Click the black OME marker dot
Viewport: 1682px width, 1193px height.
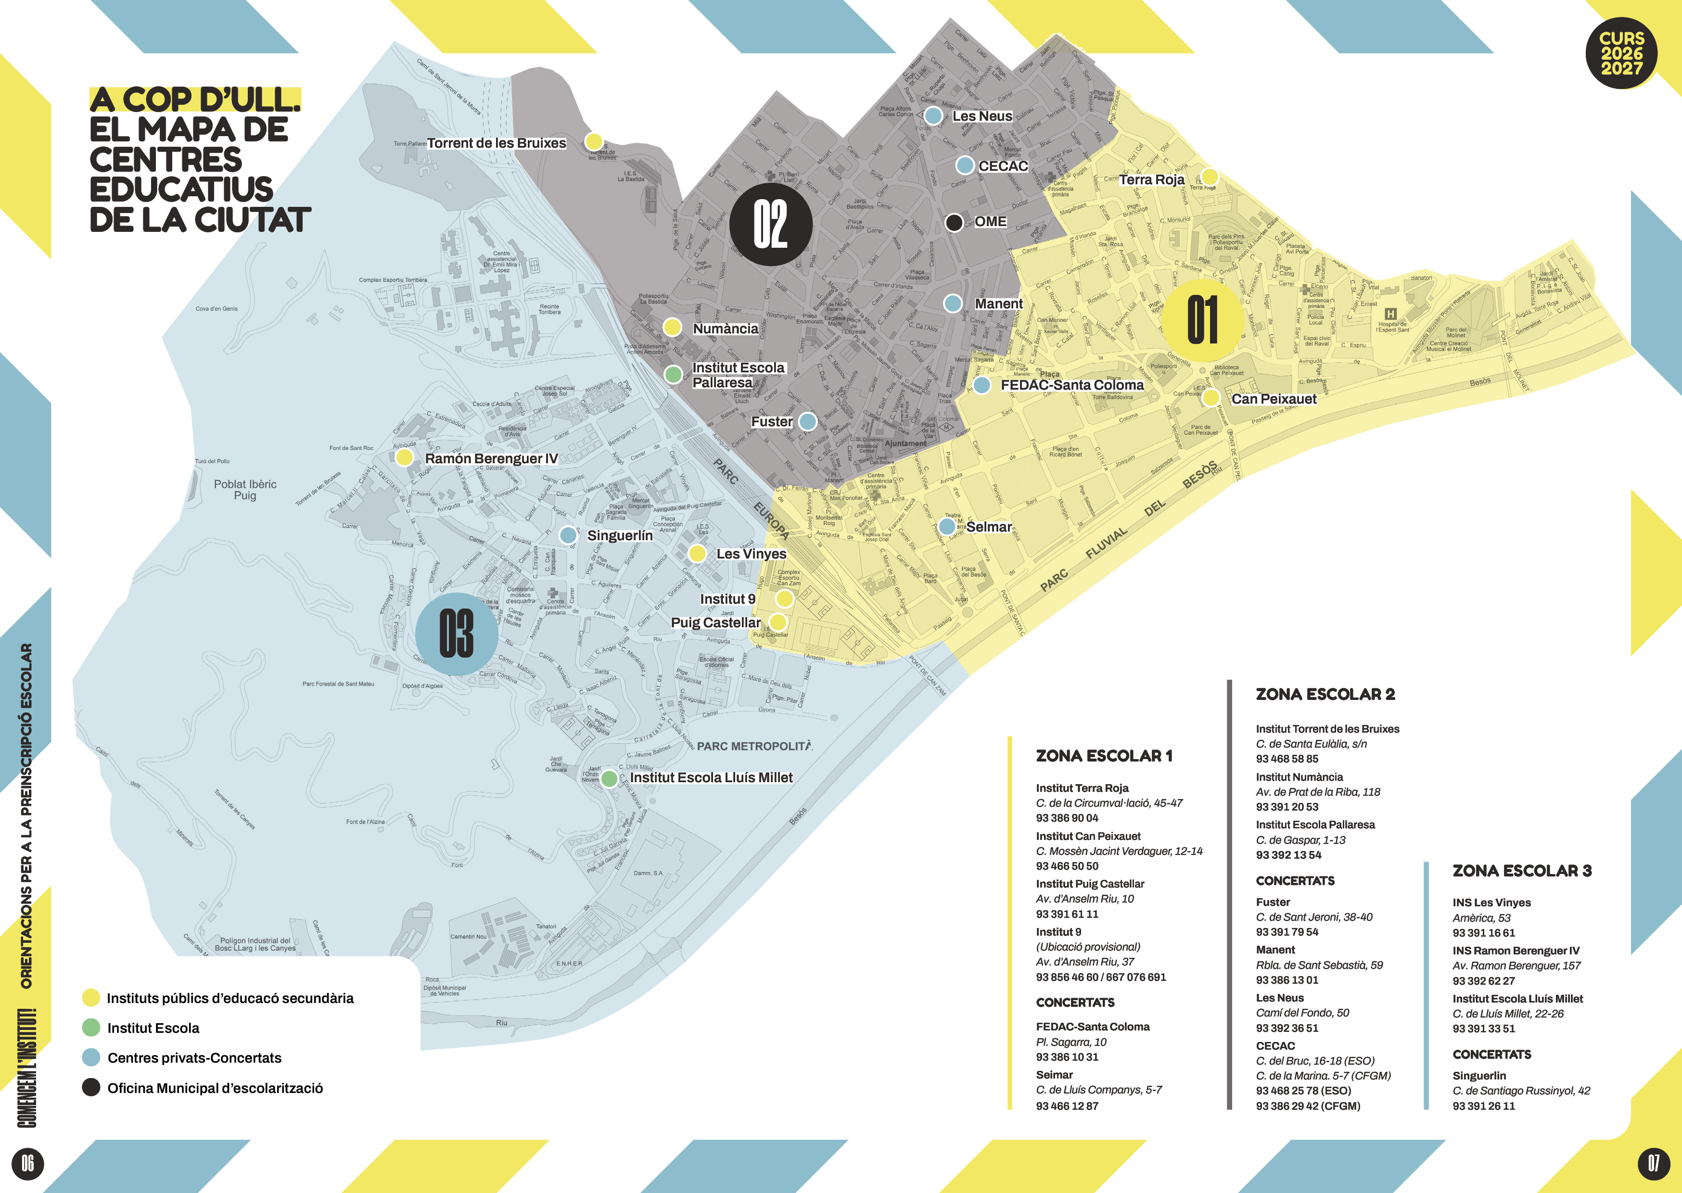(x=954, y=222)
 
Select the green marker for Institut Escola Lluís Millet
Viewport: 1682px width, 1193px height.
(x=609, y=778)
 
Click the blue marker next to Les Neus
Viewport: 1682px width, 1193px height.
(x=933, y=115)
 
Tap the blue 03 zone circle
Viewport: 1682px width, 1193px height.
(x=456, y=634)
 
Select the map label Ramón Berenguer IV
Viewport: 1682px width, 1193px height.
(x=491, y=458)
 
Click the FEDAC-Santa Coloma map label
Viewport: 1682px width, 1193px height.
(x=1071, y=385)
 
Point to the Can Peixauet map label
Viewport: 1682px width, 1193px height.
(x=1274, y=399)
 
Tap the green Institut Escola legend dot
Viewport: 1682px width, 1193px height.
(x=91, y=1027)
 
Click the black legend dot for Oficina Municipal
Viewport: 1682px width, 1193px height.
(x=91, y=1087)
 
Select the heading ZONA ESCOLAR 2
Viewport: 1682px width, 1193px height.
(x=1325, y=694)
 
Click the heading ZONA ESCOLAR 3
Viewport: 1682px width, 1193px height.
(x=1522, y=871)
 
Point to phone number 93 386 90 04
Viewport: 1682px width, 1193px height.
(x=1067, y=818)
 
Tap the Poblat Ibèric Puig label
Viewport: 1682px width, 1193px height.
(x=245, y=489)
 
